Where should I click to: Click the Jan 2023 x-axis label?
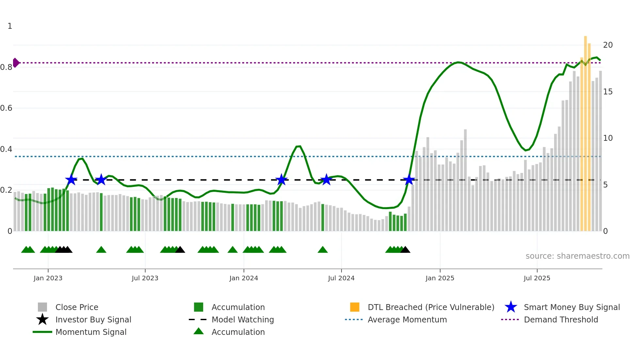tap(48, 278)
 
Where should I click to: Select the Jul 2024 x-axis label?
tap(341, 278)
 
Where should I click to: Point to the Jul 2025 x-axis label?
tap(537, 278)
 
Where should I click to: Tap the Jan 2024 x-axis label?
tap(244, 278)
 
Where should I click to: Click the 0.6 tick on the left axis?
tap(6, 108)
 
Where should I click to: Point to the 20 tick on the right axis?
tap(608, 45)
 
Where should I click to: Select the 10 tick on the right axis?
tap(608, 138)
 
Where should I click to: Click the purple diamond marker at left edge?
tap(16, 63)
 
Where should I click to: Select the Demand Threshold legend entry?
tap(561, 319)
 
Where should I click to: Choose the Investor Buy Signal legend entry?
tap(93, 319)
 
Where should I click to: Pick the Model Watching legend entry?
tap(243, 319)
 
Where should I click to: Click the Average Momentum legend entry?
tap(407, 319)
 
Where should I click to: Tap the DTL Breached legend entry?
tap(431, 307)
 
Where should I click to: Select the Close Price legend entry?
tap(77, 307)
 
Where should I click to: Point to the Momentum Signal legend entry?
tap(91, 332)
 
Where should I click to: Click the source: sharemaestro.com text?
tap(577, 256)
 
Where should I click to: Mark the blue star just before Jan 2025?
tap(409, 180)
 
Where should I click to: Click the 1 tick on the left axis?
tap(10, 26)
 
